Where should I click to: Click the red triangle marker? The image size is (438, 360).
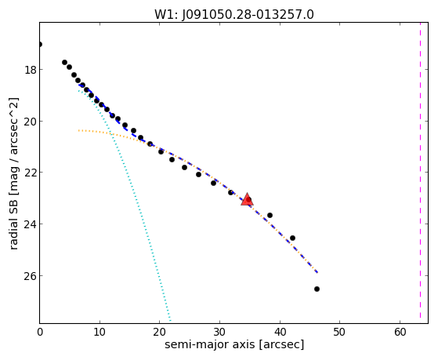pyautogui.click(x=247, y=199)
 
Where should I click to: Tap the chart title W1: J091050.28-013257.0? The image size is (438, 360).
pyautogui.click(x=234, y=15)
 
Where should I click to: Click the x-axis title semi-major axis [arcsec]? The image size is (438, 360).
pyautogui.click(x=234, y=344)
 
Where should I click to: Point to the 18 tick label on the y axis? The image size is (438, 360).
pyautogui.click(x=31, y=70)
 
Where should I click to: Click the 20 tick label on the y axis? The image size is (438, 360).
pyautogui.click(x=31, y=121)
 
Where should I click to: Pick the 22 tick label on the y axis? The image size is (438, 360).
pyautogui.click(x=31, y=173)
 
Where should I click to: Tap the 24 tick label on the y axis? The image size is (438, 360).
pyautogui.click(x=31, y=224)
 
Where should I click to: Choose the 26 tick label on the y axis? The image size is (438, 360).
pyautogui.click(x=31, y=275)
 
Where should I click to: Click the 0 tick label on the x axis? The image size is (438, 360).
pyautogui.click(x=40, y=332)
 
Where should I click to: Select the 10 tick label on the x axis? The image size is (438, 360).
pyautogui.click(x=100, y=332)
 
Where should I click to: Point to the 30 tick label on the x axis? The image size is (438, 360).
pyautogui.click(x=220, y=332)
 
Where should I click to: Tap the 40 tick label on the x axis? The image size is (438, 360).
pyautogui.click(x=280, y=332)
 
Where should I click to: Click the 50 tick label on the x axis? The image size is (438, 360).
pyautogui.click(x=340, y=332)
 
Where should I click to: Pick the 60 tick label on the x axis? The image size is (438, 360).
pyautogui.click(x=400, y=332)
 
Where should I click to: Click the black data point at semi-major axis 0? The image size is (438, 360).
pyautogui.click(x=40, y=44)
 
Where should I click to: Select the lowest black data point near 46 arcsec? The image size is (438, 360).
pyautogui.click(x=317, y=289)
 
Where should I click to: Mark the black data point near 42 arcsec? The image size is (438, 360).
pyautogui.click(x=292, y=238)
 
